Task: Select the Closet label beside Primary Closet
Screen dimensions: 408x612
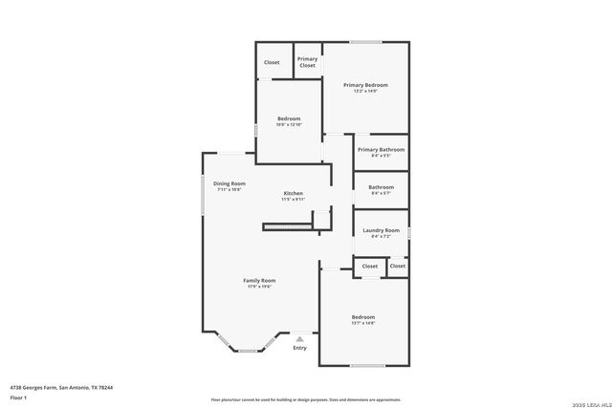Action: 273,62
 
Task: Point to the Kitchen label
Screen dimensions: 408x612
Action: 294,194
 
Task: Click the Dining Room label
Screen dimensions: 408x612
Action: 229,183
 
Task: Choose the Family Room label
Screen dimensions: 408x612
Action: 261,281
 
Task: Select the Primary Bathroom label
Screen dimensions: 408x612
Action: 381,150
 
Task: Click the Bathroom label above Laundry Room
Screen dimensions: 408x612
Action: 382,187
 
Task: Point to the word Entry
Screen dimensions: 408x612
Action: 300,349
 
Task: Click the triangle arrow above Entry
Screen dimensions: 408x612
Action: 300,338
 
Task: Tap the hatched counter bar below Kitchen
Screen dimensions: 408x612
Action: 288,226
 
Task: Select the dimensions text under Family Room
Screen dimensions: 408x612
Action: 260,287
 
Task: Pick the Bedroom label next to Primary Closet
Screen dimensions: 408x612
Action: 289,119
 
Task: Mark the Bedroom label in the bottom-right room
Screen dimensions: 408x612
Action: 363,317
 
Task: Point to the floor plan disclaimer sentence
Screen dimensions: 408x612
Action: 306,399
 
